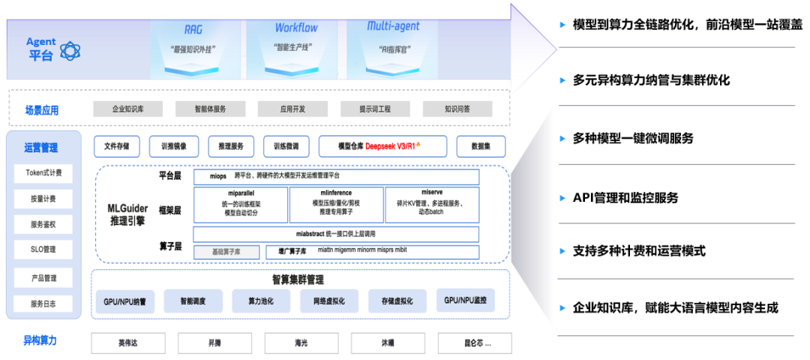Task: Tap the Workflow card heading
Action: click(295, 28)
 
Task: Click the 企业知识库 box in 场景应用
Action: click(127, 109)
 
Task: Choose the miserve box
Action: click(432, 205)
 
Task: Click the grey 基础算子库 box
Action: click(226, 252)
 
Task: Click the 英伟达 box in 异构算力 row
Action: click(128, 343)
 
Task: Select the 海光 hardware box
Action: click(301, 343)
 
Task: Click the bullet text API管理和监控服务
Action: click(625, 198)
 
